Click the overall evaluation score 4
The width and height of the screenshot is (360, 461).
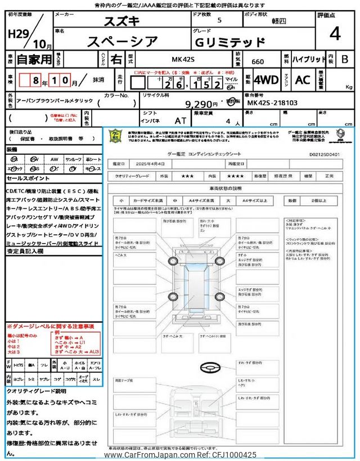[335, 34]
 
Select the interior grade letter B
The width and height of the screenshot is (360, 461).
[345, 59]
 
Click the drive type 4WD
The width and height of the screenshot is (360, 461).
[265, 80]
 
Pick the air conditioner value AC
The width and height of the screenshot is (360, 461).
[303, 80]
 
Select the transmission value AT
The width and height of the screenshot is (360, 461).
[181, 120]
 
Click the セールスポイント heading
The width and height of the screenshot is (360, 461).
[29, 178]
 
